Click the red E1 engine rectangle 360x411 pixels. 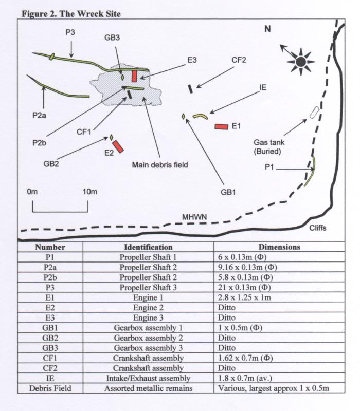click(x=221, y=126)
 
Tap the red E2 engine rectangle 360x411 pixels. click(x=118, y=146)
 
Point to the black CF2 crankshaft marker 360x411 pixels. click(x=190, y=88)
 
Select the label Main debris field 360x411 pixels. click(x=160, y=165)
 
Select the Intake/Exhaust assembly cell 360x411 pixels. click(x=148, y=379)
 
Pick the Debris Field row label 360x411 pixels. click(x=50, y=388)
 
